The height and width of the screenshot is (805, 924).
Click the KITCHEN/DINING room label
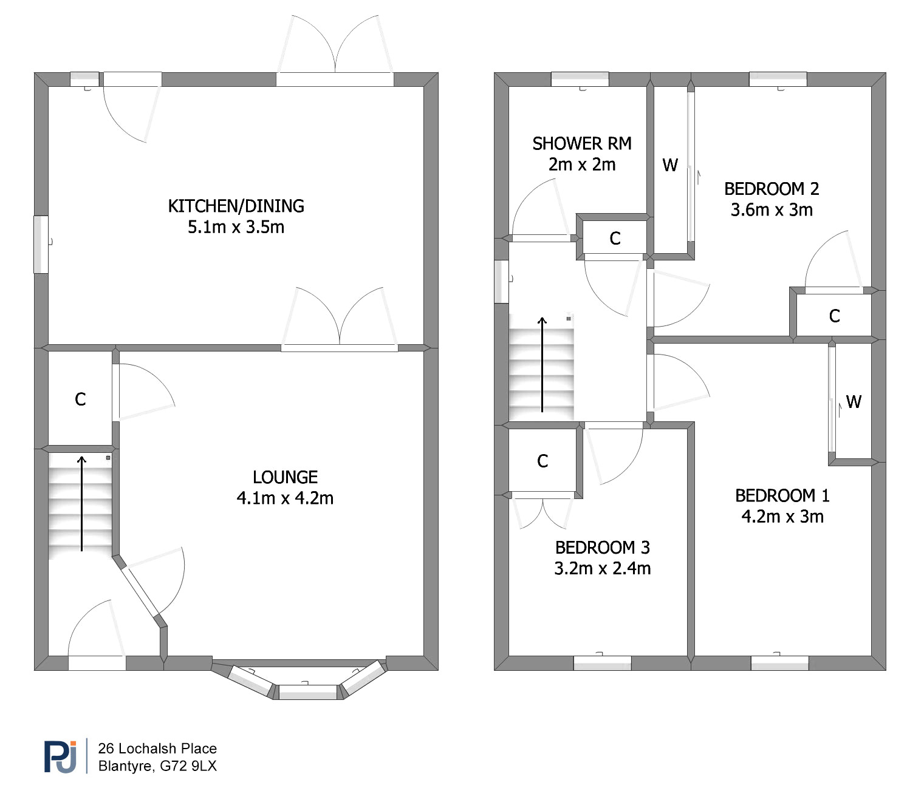tap(236, 206)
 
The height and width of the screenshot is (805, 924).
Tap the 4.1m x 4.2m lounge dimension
tap(285, 498)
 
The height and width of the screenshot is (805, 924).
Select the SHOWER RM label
tap(582, 143)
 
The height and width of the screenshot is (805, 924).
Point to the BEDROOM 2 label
tap(772, 189)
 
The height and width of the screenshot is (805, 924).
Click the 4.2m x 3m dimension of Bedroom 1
tap(782, 517)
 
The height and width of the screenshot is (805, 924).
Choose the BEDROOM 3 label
tap(603, 548)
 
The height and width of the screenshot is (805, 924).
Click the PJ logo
tap(60, 756)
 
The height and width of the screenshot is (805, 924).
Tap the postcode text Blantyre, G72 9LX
tap(157, 766)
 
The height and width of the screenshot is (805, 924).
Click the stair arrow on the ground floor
tap(82, 503)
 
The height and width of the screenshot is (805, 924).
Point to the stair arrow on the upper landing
tap(542, 365)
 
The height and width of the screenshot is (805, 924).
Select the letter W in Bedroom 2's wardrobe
tap(670, 165)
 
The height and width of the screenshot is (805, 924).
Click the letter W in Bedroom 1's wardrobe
tap(854, 402)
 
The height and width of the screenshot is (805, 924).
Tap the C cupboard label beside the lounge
tap(80, 399)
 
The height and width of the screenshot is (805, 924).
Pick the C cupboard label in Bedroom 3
tap(542, 461)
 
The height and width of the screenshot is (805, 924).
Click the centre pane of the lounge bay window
tap(308, 691)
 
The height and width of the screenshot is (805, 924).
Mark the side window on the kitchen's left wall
tap(41, 245)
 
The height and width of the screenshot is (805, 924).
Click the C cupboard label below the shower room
tap(615, 238)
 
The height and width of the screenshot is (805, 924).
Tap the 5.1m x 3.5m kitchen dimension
tap(236, 227)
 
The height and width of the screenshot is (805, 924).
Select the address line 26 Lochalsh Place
tap(157, 749)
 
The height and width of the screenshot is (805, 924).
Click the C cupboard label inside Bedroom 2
tap(834, 316)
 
